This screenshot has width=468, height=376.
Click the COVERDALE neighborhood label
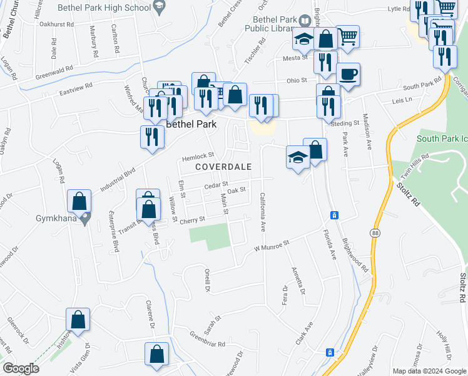[223, 167]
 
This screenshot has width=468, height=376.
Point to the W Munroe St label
[273, 245]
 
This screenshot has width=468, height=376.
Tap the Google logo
[21, 368]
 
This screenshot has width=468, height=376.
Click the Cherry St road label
[193, 220]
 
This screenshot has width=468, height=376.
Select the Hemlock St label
[198, 155]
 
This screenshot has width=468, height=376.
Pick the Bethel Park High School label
[104, 8]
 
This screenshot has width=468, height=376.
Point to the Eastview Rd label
[76, 88]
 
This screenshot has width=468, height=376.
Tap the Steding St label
[345, 123]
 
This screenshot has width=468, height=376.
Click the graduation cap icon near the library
[305, 41]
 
